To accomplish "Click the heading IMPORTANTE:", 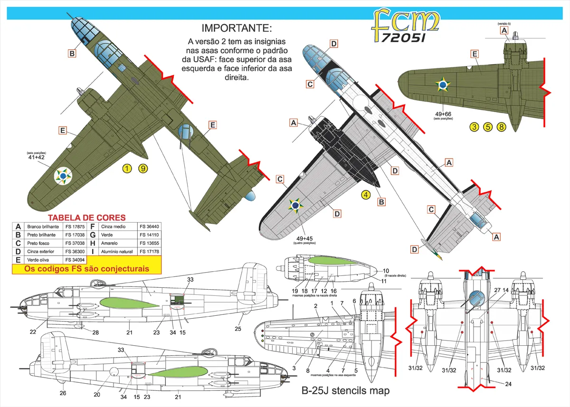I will pos(237,28).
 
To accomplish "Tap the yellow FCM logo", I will pos(405,26).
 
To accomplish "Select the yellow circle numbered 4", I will pos(365,194).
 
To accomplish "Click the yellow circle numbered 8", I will pos(501,127).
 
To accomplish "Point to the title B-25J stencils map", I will pos(345,391).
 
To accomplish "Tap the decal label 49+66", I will pos(444,114).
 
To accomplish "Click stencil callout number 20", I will pos(97,394).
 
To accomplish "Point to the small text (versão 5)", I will pos(504,23).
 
